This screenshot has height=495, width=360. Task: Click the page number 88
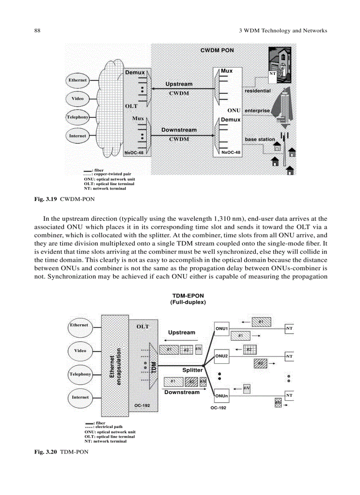point(37,31)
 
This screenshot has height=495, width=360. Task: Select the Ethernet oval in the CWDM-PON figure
point(77,80)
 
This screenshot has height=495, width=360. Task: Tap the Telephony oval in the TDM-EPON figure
point(80,374)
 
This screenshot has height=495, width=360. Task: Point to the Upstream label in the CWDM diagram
point(179,84)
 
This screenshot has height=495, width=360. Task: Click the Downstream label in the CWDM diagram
point(179,130)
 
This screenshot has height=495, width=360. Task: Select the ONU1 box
point(221,328)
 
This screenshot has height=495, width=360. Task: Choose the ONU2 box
point(221,356)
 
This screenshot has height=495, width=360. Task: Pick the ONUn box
point(221,396)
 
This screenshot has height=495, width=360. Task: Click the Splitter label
point(192,370)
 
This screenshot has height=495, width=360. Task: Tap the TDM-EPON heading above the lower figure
point(187,295)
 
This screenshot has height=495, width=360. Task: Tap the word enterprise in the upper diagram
point(257,110)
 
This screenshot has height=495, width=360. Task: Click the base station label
point(260,139)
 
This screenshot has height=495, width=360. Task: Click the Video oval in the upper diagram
point(77,98)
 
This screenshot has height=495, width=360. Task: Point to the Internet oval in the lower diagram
point(80,397)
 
